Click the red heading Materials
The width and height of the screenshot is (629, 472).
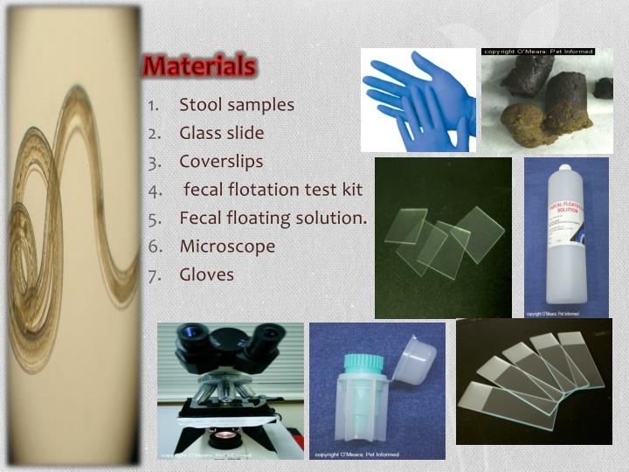(x=199, y=66)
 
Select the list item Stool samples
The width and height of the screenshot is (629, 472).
(x=237, y=105)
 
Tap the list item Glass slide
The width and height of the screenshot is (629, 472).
(x=221, y=133)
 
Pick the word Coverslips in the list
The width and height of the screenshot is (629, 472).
(x=221, y=161)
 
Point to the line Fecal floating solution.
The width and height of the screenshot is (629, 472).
(x=273, y=218)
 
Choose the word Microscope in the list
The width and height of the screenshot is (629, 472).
(x=227, y=246)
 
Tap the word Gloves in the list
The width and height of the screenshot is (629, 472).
(x=206, y=274)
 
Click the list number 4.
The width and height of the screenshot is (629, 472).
(x=154, y=190)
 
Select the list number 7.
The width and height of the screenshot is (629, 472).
(x=154, y=274)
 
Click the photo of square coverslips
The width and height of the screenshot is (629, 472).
(x=443, y=238)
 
